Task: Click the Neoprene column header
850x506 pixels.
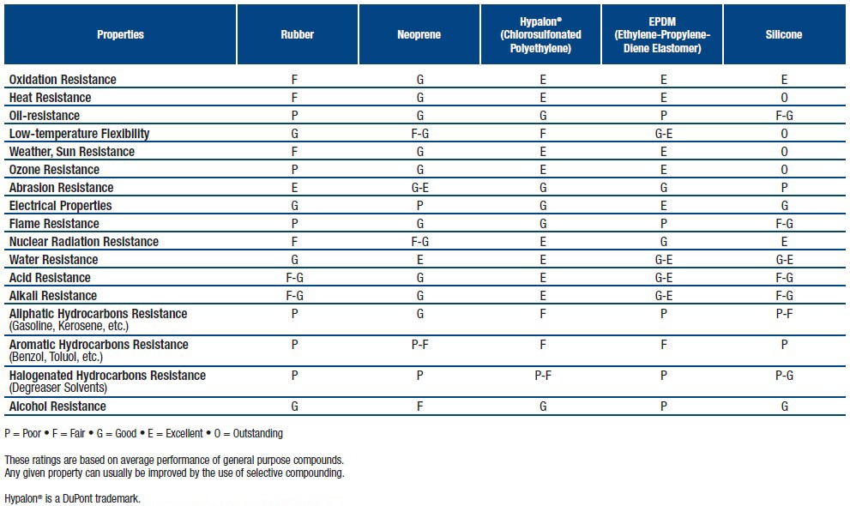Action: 419,34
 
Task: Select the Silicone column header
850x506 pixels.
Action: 783,34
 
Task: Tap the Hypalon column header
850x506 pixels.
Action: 540,34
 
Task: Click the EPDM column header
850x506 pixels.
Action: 662,34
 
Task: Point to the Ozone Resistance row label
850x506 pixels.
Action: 54,170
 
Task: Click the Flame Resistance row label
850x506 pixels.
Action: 54,224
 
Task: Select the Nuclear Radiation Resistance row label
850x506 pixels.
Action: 84,242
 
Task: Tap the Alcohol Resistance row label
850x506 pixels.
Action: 57,407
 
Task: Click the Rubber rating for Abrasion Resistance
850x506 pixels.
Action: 294,188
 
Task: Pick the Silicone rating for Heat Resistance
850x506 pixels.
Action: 784,98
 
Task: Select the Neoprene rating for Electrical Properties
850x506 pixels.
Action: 419,205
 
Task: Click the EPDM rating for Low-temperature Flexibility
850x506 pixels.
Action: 664,134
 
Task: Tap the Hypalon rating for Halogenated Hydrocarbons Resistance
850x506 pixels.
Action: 543,376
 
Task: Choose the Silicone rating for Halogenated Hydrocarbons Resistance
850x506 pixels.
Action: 785,376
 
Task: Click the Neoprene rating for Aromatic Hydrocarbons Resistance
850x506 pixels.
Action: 420,345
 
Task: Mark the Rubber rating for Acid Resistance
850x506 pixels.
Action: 294,278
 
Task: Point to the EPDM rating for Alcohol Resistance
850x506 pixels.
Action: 664,407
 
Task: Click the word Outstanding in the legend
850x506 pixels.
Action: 257,433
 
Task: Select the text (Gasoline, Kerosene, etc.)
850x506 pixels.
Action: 69,326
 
